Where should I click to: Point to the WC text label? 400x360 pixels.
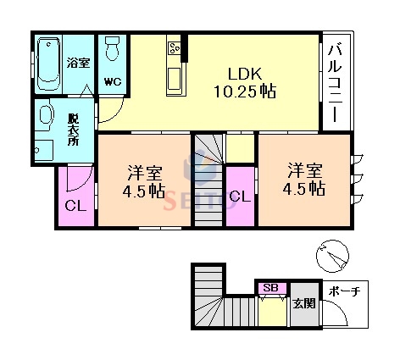coord(112,81)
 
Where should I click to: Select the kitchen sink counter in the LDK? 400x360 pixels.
coord(176,78)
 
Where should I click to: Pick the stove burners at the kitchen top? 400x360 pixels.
coord(175,47)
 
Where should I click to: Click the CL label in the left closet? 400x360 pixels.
coord(75,204)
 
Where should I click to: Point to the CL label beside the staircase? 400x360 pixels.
coord(240,196)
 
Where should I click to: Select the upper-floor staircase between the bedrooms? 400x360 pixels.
coord(208,180)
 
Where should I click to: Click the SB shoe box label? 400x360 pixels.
coord(271,287)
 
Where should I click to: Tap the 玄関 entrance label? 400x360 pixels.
coord(303,302)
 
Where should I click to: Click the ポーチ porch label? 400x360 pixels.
coord(344,291)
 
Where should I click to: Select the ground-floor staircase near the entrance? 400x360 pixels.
coord(212,301)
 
